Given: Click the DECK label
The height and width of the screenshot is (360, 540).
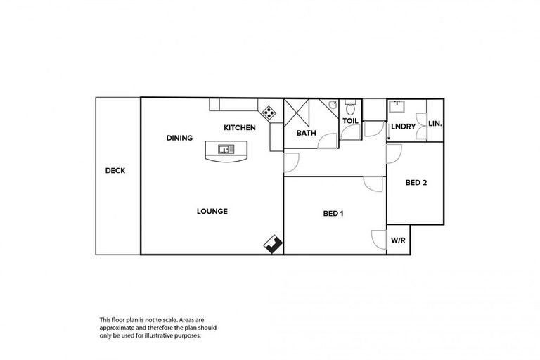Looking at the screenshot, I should click(115, 170).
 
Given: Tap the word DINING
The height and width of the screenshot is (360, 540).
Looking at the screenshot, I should click(179, 138).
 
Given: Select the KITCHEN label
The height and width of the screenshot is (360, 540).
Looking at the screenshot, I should click(239, 128).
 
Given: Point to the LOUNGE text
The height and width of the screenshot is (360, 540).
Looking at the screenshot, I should click(212, 211).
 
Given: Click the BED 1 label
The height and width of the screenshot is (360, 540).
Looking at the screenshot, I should click(333, 214).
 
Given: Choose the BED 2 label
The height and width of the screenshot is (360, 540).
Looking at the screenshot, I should click(416, 183).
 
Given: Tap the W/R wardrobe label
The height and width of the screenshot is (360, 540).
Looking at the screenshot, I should click(398, 240).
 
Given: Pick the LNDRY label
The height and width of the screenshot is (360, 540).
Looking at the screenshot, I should click(403, 126).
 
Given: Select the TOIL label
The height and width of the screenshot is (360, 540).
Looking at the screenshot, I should click(350, 121).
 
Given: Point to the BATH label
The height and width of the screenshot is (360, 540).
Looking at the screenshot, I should click(306, 133).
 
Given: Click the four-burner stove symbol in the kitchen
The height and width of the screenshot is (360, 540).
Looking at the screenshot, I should click(269, 111).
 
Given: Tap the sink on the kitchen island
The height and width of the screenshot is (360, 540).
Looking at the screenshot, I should click(226, 149).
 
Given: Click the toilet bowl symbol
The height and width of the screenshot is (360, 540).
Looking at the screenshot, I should click(350, 108).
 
